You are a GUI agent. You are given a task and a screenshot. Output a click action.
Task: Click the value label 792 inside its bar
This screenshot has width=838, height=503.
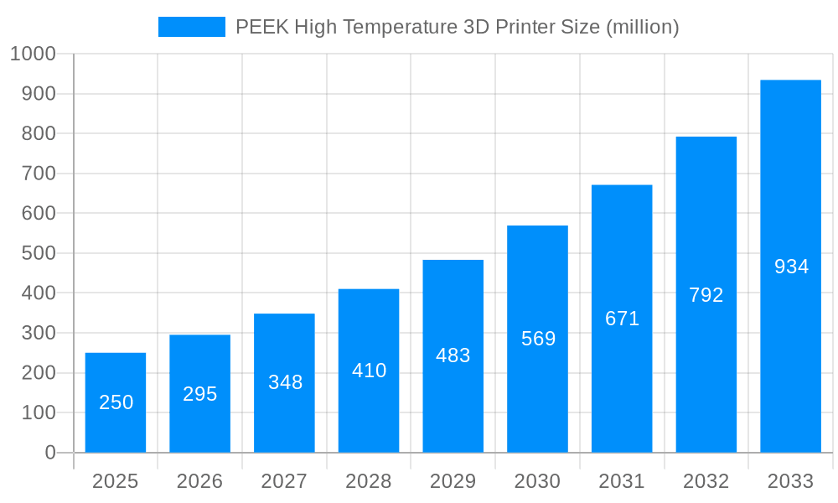(706, 295)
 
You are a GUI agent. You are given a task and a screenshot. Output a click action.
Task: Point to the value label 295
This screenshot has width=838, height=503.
(199, 394)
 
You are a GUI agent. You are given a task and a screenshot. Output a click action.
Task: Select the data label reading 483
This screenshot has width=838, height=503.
(453, 355)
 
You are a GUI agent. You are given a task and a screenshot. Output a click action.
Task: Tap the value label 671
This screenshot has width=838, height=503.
(622, 319)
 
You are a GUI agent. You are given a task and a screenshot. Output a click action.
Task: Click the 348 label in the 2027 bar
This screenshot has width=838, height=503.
(285, 382)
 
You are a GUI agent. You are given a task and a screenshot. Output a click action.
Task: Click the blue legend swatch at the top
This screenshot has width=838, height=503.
(191, 27)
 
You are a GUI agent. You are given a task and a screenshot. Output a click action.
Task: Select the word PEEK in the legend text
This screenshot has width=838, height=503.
(262, 27)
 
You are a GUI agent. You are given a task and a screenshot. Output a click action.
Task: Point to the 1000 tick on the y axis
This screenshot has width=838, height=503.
(33, 54)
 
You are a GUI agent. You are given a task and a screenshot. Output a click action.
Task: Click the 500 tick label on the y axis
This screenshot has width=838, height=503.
(38, 253)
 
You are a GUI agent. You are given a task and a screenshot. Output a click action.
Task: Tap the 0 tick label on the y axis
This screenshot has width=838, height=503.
(49, 453)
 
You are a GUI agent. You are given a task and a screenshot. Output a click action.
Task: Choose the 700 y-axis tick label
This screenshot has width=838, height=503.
(38, 174)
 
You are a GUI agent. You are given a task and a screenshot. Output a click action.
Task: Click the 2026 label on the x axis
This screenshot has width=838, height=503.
(199, 481)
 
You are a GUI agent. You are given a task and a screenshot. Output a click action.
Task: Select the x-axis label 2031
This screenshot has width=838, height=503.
(622, 481)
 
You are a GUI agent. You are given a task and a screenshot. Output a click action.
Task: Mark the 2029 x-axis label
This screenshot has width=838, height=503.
(453, 481)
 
